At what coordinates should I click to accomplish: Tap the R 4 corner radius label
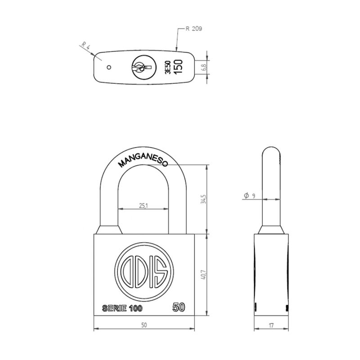pos(85,46)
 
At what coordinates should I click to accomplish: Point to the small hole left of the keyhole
pos(108,68)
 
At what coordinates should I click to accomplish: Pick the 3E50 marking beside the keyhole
pos(167,67)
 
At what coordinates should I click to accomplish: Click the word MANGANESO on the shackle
pos(142,158)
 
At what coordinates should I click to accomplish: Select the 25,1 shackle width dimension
pos(144,206)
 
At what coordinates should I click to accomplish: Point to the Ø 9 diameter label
pos(249,196)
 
